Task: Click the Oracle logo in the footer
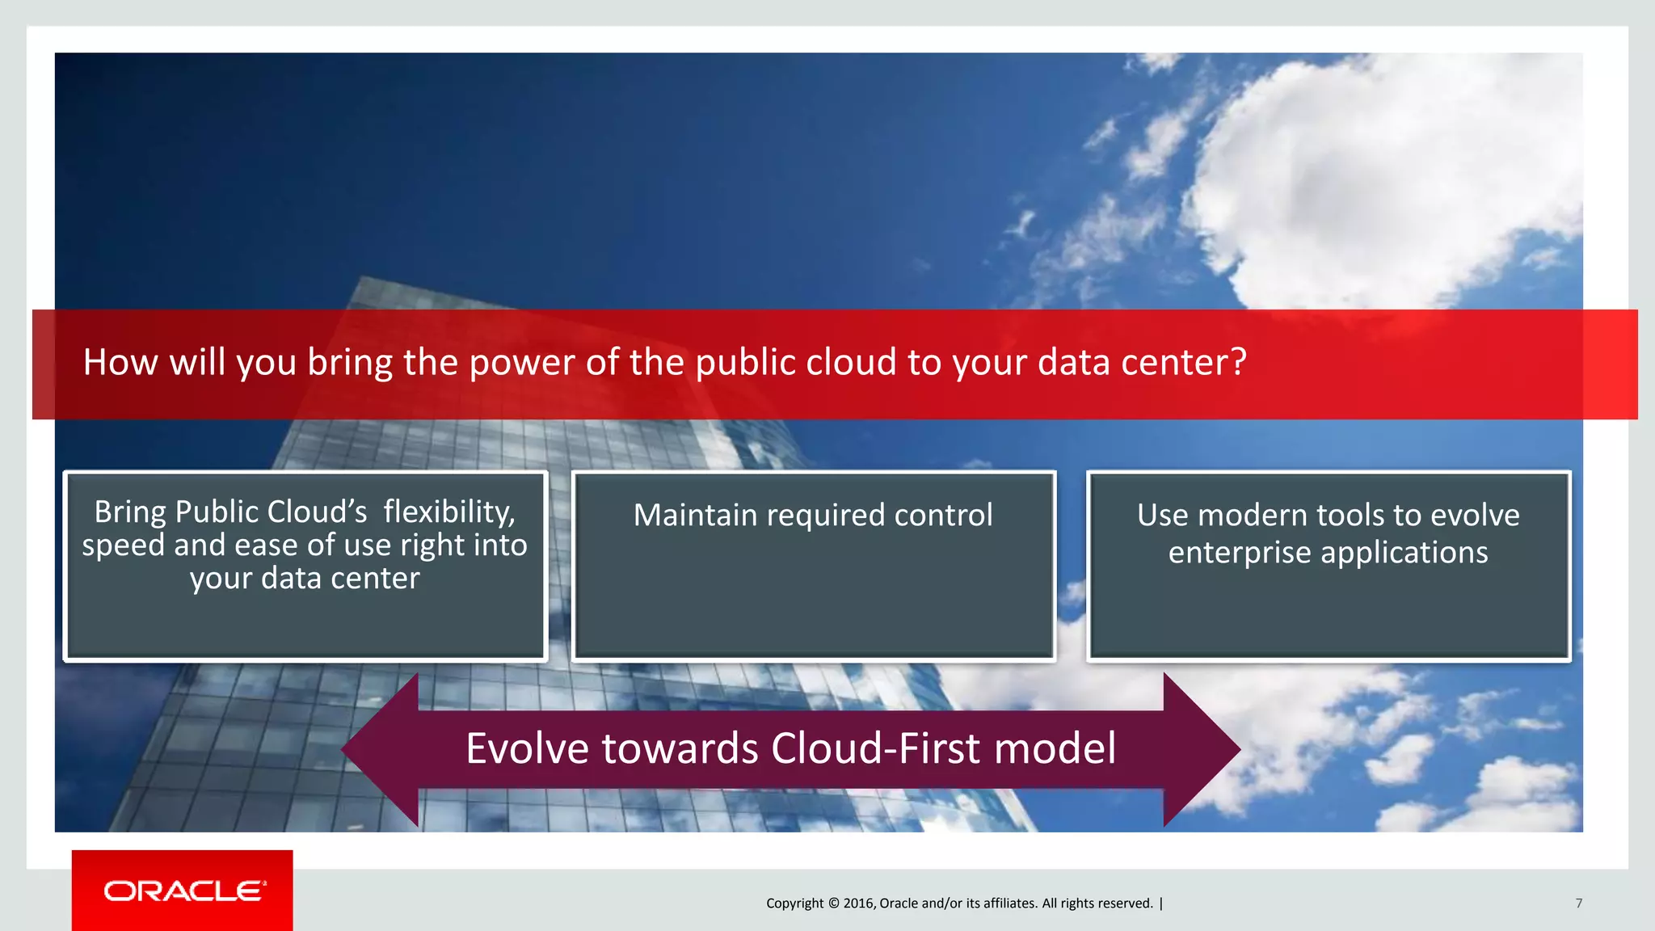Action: [x=184, y=891]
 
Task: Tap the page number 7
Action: [x=1578, y=904]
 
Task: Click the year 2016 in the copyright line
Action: [x=857, y=904]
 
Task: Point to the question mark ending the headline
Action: [x=1238, y=362]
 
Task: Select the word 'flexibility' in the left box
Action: [x=448, y=512]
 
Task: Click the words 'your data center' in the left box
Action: [x=305, y=579]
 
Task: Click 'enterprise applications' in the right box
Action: [x=1328, y=553]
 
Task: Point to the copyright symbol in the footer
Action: [x=833, y=904]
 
